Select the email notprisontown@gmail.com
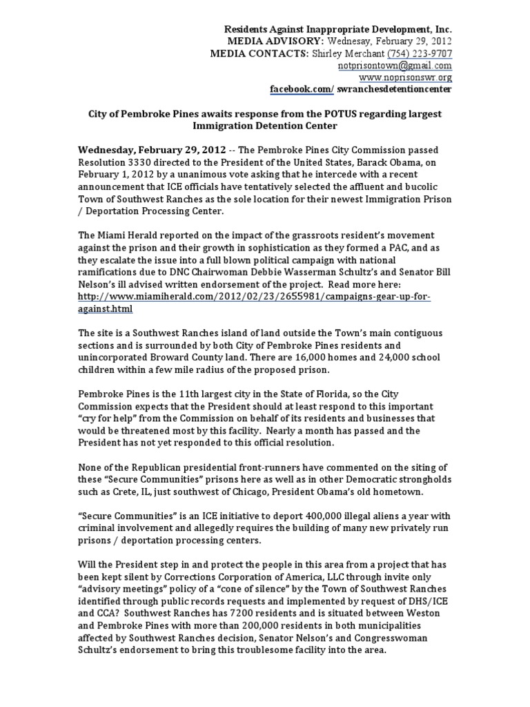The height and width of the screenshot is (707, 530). (x=395, y=66)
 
